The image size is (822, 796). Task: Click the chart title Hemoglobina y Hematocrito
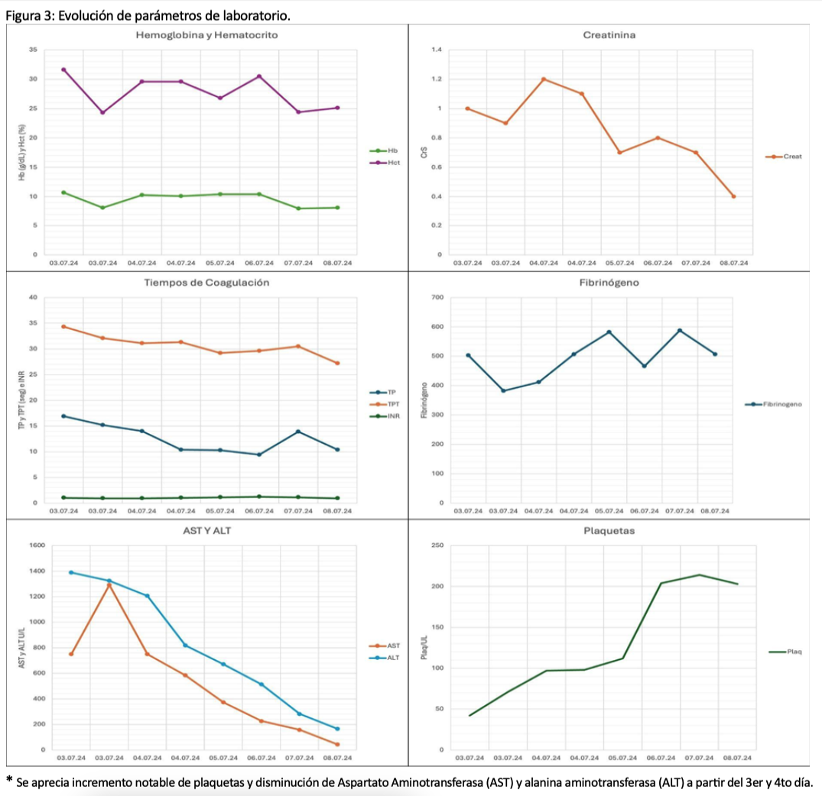coord(206,35)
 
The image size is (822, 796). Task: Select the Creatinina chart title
coord(609,35)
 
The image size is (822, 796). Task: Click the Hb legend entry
coord(389,151)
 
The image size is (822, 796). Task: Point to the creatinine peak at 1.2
coord(544,79)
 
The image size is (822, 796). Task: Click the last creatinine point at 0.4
coord(733,196)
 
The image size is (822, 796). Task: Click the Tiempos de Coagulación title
coord(206,283)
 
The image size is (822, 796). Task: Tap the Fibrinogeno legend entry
coord(781,404)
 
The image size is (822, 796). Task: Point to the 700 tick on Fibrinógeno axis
coord(437,297)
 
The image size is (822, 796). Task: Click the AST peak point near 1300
coord(109,585)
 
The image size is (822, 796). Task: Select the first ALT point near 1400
coord(71,572)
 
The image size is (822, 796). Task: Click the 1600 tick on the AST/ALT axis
coord(37,545)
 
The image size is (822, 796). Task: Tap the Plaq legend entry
coord(793,652)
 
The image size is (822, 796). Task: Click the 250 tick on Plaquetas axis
coord(437,545)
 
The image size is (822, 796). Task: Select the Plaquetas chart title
coord(609,530)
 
